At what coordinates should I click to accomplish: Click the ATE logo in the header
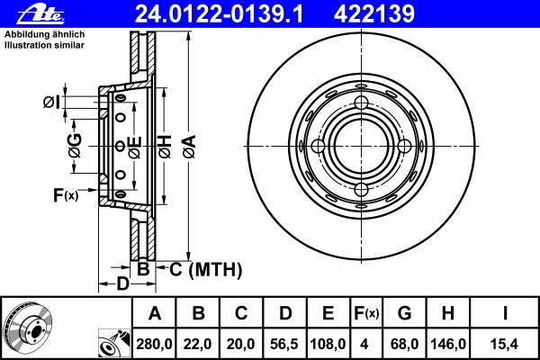40,14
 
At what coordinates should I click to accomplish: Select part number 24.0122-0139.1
219,14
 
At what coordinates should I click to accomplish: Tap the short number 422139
374,14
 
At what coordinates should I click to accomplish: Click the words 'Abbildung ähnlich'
44,34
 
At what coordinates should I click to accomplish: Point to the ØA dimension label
189,147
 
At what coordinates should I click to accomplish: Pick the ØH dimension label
165,147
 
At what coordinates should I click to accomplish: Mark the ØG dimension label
75,146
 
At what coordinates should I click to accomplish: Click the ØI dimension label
51,102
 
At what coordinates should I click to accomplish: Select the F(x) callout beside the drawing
66,195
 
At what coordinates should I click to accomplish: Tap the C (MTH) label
205,269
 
